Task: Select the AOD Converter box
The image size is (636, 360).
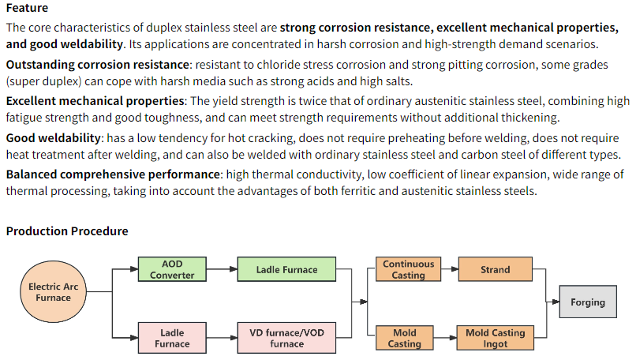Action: [x=172, y=269]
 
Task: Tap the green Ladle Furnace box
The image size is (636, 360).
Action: [x=286, y=269]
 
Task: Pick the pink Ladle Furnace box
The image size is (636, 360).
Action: [x=172, y=337]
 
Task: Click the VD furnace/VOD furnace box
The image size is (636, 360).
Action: [x=286, y=337]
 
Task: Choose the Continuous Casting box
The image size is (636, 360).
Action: [x=408, y=269]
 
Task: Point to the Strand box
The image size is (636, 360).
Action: [x=495, y=269]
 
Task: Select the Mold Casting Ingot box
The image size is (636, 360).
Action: [x=495, y=337]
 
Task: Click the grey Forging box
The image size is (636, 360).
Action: [x=588, y=302]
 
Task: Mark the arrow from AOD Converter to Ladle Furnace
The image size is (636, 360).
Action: [x=222, y=269]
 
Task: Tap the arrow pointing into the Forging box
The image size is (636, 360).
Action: [x=552, y=302]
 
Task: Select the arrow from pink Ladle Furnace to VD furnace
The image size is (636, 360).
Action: [x=222, y=337]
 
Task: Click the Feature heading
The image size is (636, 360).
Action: [x=27, y=8]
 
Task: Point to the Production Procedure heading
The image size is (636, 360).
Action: [x=67, y=231]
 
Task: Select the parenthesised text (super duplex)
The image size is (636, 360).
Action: [x=41, y=81]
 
